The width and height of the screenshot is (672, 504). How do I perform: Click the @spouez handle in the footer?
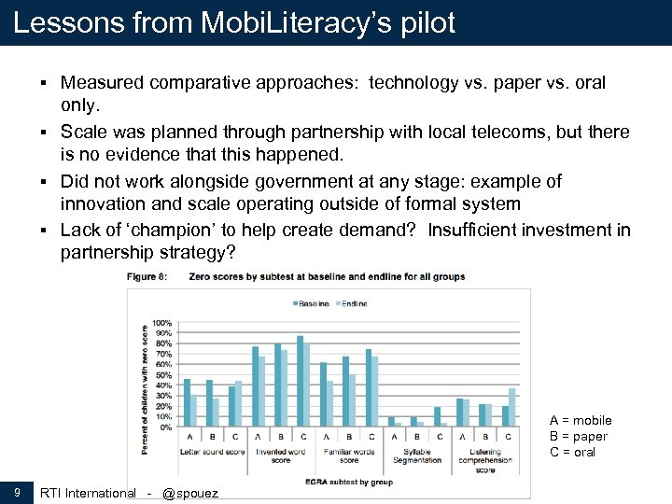pyautogui.click(x=190, y=493)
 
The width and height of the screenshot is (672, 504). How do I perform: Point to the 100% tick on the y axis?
pyautogui.click(x=162, y=322)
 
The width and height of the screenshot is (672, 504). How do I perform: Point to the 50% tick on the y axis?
pyautogui.click(x=162, y=374)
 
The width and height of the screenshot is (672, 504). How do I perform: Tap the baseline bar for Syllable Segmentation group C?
pyautogui.click(x=437, y=416)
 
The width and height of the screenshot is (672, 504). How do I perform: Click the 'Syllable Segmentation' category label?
pyautogui.click(x=416, y=455)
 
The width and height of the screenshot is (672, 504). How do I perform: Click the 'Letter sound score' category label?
pyautogui.click(x=212, y=452)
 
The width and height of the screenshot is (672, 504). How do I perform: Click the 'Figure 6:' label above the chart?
pyautogui.click(x=147, y=277)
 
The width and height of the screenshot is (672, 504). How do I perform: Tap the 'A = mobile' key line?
pyautogui.click(x=581, y=421)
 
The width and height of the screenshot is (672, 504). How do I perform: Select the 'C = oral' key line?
pyautogui.click(x=572, y=452)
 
